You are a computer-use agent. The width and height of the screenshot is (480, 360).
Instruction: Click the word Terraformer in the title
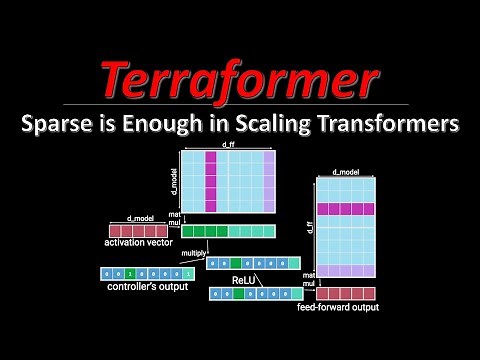pyautogui.click(x=240, y=78)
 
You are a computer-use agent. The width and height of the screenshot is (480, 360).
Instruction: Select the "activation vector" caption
pyautogui.click(x=139, y=241)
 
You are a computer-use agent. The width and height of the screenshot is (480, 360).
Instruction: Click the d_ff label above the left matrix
pyautogui.click(x=229, y=147)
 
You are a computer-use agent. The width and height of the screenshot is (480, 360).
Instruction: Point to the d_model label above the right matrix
pyautogui.click(x=345, y=173)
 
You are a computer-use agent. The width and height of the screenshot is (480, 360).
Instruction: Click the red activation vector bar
pyautogui.click(x=138, y=230)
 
